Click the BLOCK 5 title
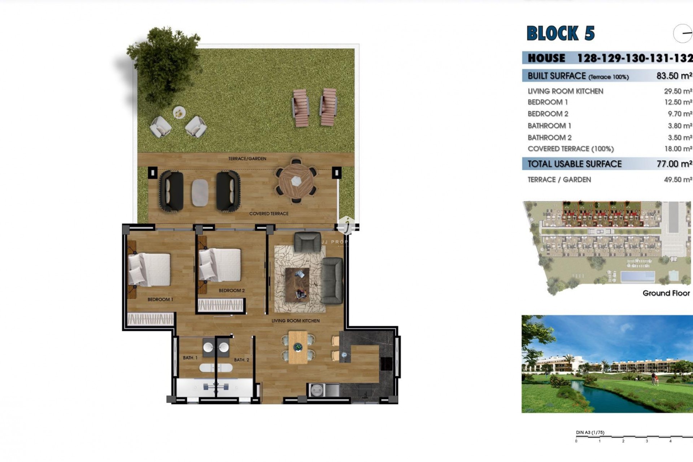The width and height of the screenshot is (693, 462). click(x=560, y=34)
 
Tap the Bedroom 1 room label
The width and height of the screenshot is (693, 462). click(x=160, y=300)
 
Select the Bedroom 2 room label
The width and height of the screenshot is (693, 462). click(x=231, y=291)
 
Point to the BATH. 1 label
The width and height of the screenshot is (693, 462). click(x=190, y=358)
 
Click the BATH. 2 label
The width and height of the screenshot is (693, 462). click(x=241, y=360)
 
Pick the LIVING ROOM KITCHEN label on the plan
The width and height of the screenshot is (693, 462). click(x=295, y=321)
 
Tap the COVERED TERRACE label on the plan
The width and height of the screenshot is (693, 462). click(x=269, y=214)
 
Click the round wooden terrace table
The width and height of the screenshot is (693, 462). click(x=296, y=181)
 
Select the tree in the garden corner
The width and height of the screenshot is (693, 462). click(x=164, y=61)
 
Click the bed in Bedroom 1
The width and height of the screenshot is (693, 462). click(x=149, y=270)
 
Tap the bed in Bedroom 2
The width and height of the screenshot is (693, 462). click(x=220, y=265)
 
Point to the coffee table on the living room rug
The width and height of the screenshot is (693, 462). click(x=297, y=284)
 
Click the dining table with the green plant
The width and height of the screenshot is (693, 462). click(x=298, y=347)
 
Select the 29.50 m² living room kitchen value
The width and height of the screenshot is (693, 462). click(x=678, y=91)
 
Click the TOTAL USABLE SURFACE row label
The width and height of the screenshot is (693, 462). click(x=574, y=164)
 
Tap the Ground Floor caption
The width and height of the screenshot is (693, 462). click(x=666, y=293)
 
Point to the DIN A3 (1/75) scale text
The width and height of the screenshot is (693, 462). click(x=590, y=432)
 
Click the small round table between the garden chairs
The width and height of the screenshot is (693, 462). click(x=179, y=113)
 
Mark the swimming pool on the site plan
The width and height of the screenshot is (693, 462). click(x=637, y=277)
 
